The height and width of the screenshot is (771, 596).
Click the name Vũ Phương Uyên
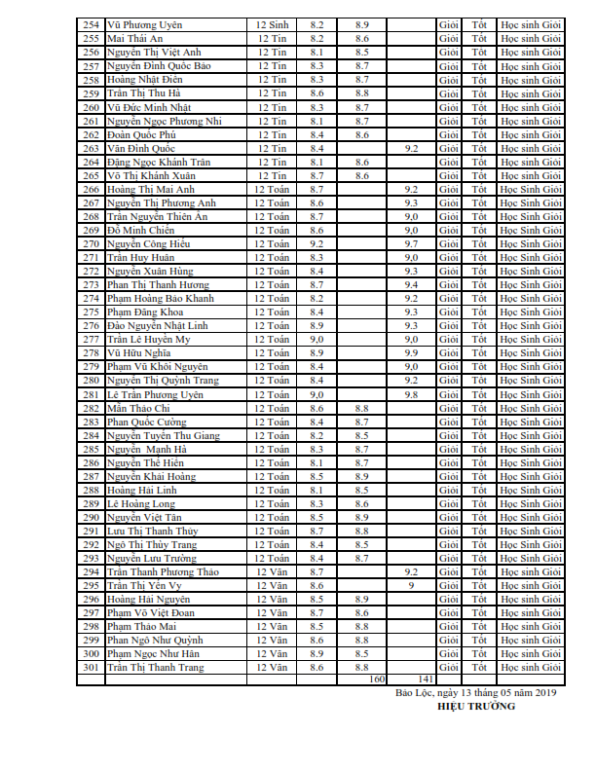tap(145, 23)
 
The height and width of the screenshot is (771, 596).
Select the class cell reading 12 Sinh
tap(272, 23)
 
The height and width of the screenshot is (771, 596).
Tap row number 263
tap(91, 148)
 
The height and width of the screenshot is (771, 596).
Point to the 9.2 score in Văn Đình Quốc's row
tap(411, 148)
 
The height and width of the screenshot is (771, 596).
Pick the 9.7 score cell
tap(411, 243)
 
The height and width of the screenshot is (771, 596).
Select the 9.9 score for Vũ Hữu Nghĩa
tap(411, 352)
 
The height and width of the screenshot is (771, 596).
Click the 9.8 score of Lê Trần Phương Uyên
tap(411, 395)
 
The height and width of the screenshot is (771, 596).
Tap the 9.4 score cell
tap(411, 284)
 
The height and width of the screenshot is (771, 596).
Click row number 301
tap(91, 668)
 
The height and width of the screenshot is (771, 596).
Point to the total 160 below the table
tap(378, 679)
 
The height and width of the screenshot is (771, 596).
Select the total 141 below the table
tap(425, 679)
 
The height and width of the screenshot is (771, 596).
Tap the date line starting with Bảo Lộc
tap(475, 692)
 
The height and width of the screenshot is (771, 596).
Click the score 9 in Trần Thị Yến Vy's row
tap(411, 586)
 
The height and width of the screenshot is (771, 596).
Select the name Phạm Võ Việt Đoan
tap(152, 613)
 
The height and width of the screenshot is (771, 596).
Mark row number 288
tap(91, 491)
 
